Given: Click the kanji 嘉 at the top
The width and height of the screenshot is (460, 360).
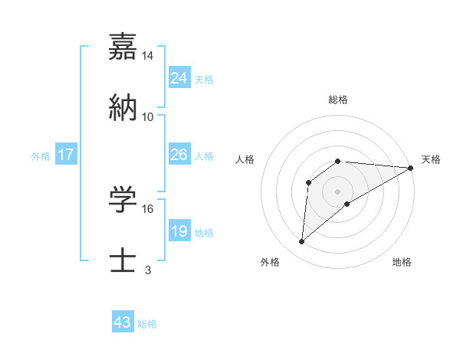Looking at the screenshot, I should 123,48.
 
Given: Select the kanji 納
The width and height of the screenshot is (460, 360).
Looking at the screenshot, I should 123,106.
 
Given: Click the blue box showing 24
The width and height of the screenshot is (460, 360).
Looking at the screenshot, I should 179,78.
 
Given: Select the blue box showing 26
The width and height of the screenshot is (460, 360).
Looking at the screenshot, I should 179,155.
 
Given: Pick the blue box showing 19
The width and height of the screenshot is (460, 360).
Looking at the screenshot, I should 179,231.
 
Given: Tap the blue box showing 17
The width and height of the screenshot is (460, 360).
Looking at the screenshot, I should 66,155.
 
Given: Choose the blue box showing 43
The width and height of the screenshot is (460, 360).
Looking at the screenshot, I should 123,322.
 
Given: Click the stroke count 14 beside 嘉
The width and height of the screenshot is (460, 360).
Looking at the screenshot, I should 148,57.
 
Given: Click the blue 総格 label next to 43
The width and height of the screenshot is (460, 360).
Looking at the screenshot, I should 148,324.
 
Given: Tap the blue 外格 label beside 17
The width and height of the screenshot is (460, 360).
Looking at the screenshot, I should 41,156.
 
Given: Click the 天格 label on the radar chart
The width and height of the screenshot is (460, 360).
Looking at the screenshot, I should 431,159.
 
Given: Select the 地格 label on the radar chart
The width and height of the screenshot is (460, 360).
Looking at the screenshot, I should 402,262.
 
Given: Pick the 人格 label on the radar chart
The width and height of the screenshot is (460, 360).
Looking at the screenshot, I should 245,159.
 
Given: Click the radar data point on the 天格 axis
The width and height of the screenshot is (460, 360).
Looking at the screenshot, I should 410,168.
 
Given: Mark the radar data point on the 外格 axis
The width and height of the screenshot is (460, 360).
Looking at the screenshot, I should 302,242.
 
